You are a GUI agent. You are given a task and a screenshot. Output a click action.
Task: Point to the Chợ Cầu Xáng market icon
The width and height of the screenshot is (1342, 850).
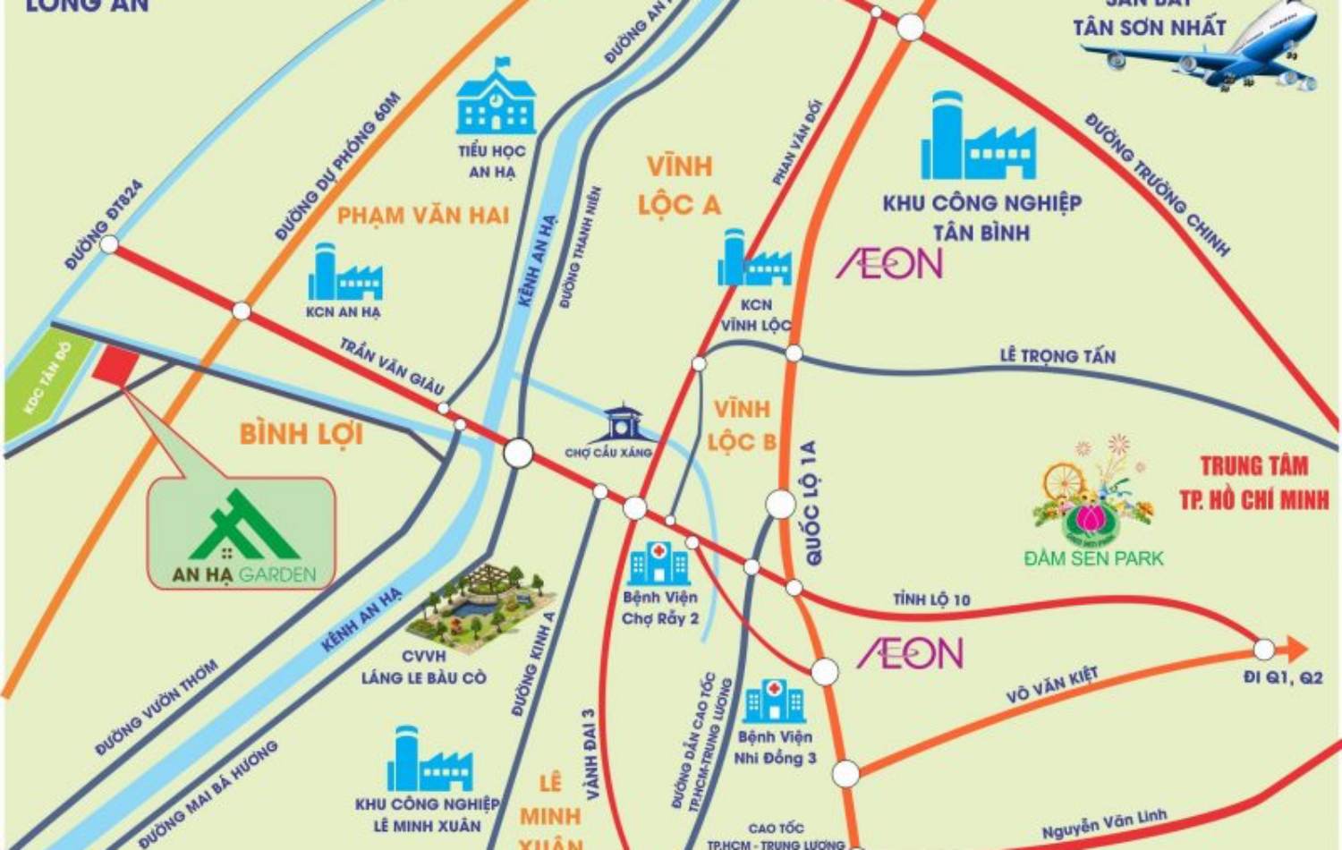[622, 424]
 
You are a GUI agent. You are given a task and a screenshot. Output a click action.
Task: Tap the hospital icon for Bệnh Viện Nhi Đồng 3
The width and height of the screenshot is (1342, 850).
[774, 701]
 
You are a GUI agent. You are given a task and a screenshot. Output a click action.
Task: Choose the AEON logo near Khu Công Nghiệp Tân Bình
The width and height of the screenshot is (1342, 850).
[889, 263]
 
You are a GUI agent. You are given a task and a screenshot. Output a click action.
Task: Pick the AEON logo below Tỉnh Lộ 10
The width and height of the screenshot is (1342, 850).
[910, 653]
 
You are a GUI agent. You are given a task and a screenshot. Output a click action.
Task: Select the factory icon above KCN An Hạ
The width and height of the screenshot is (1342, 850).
[344, 273]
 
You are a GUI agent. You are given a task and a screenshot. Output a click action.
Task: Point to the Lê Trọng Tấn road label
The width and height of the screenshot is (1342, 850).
[1057, 356]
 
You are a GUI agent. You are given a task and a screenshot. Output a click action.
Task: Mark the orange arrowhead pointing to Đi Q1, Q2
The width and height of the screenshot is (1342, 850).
[1295, 649]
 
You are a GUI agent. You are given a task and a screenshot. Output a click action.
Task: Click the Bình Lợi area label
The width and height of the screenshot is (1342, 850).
[301, 434]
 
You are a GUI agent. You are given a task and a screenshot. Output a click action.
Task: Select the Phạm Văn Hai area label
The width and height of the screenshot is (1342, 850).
[422, 216]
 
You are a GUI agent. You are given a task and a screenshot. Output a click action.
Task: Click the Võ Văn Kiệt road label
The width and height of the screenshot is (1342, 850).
[1051, 685]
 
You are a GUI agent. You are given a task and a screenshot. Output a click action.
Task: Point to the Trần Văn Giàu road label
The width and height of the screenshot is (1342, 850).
[392, 366]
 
